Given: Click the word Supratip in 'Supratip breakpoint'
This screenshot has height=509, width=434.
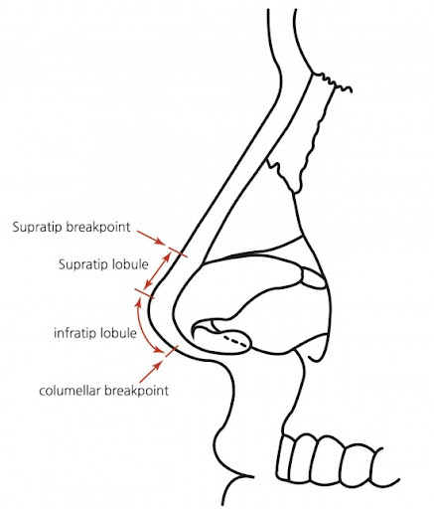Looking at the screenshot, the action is tap(38, 228).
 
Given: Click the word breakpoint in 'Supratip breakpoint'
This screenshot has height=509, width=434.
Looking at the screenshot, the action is tap(98, 227).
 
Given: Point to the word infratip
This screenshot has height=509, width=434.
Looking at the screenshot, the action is tap(75, 333).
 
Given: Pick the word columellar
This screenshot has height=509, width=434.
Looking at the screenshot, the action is tap(70, 391).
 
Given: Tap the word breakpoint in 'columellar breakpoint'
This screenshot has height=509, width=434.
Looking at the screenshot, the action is tap(136, 391).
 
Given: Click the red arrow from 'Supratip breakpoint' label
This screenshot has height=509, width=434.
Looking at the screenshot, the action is tap(151, 238).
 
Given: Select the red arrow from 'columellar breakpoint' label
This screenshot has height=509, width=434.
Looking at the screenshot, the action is tap(151, 372).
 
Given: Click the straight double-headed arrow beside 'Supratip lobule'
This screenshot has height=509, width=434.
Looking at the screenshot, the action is tap(158, 270).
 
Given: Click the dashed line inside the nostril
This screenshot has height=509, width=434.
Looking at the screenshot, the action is tap(235, 342).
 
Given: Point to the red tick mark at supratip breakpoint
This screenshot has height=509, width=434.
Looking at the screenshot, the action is tap(178, 252).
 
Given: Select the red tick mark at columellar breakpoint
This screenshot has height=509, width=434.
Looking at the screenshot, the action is tap(172, 351).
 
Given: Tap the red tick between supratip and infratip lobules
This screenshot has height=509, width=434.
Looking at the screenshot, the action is tap(144, 293).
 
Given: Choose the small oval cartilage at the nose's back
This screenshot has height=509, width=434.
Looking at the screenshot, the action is tap(313, 278).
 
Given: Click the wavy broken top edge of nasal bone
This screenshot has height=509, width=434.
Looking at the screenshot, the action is tap(332, 83).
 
